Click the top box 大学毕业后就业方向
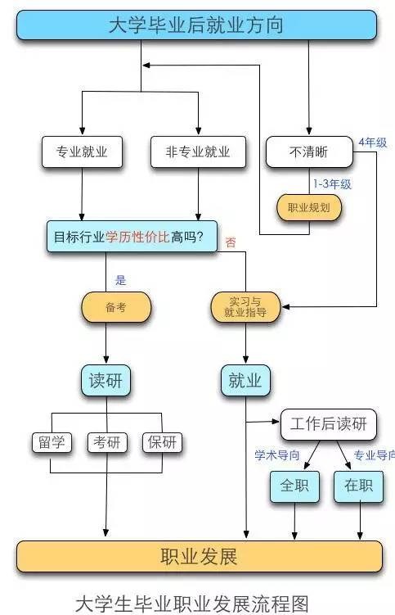point(196,25)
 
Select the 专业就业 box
point(82,151)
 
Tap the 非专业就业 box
point(198,151)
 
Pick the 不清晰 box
point(309,151)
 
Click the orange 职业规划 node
point(309,207)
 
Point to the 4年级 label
point(373,142)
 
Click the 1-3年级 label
point(332,183)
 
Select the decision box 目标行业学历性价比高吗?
point(132,237)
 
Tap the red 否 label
point(231,242)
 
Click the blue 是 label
point(120,280)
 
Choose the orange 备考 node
point(116,307)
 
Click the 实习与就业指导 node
point(245,307)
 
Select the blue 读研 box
point(105,381)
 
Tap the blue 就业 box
point(245,381)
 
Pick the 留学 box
point(52,442)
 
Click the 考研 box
point(107,442)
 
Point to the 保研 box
point(162,442)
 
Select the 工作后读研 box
point(329,424)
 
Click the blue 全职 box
point(294,486)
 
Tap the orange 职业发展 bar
point(199,556)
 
